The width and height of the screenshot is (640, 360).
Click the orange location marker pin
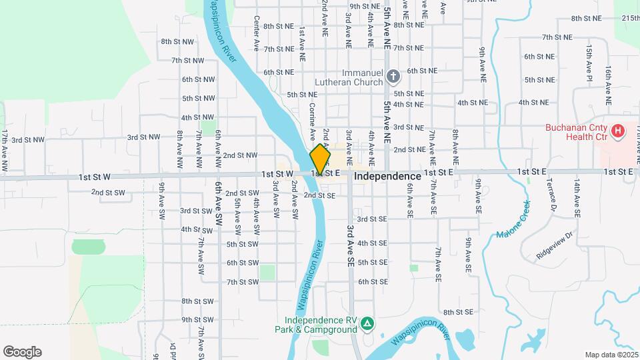click(320, 159)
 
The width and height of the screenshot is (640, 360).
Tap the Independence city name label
click(387, 177)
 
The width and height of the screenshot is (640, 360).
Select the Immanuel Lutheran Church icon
click(393, 77)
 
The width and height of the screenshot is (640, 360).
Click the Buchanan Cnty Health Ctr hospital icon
click(618, 131)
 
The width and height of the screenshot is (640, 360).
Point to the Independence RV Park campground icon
click(366, 324)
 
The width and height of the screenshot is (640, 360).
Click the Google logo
click(22, 351)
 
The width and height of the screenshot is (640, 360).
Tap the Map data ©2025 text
click(611, 355)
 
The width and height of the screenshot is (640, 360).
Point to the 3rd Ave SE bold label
click(349, 245)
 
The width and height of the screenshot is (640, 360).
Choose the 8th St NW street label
click(177, 41)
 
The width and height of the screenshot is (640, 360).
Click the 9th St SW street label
click(197, 319)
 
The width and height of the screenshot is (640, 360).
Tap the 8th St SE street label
click(458, 312)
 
